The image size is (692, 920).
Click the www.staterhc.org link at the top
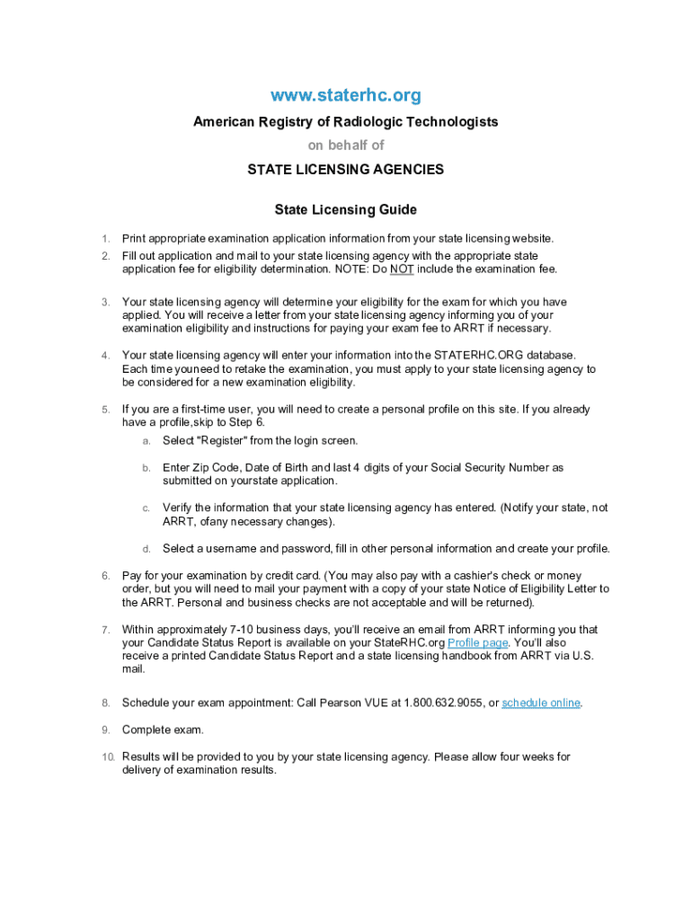coord(346,95)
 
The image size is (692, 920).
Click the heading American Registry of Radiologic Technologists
coord(346,121)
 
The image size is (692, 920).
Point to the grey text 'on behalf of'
coord(346,145)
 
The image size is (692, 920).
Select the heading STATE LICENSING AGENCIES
coord(346,169)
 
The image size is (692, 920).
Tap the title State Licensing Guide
coord(346,210)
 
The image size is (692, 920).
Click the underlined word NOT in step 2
coord(402,270)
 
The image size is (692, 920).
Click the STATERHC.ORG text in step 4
coord(480,356)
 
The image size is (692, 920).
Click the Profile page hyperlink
coord(478,643)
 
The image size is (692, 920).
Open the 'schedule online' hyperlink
coord(541,703)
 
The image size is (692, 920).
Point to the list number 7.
coord(105,630)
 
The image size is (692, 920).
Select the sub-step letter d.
coord(146,549)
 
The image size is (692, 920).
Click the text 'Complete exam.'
coord(163,730)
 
